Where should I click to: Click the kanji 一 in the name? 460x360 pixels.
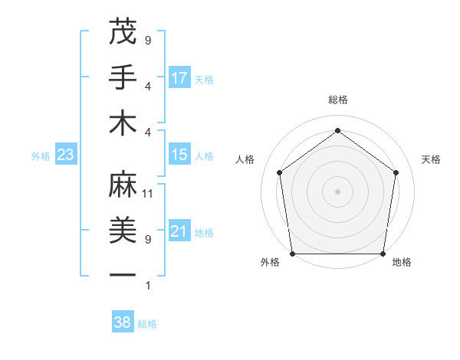tap(123, 274)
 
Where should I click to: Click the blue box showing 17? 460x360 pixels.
tap(179, 77)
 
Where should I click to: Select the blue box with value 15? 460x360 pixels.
tap(179, 155)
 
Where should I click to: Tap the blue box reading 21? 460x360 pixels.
tap(179, 231)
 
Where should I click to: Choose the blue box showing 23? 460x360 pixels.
tap(65, 155)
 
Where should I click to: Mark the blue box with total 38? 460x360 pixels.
tap(123, 322)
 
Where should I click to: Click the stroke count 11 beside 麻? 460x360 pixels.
tap(148, 193)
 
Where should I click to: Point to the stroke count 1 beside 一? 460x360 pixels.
tap(148, 286)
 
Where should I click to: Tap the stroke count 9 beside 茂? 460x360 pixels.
tap(148, 40)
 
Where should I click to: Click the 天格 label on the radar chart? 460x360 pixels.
tap(431, 159)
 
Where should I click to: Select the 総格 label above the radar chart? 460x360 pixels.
tap(337, 100)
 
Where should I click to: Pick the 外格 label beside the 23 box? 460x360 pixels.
tap(40, 155)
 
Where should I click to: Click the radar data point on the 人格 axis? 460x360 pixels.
tap(279, 172)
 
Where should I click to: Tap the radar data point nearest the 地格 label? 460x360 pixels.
tap(383, 254)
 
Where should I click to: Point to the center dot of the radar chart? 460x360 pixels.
tap(337, 191)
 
